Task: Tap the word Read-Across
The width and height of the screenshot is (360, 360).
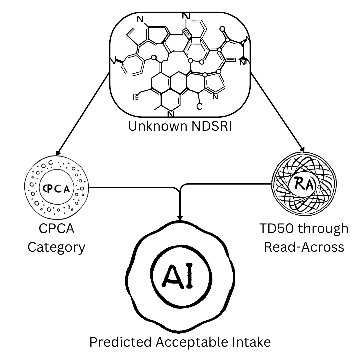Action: [x=304, y=247]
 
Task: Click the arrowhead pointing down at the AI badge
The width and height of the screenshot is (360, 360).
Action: [x=180, y=217]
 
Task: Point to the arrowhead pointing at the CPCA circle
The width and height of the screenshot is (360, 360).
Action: [x=58, y=153]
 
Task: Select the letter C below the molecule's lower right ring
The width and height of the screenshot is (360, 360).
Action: [x=199, y=107]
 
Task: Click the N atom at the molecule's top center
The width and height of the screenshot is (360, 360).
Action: [x=187, y=16]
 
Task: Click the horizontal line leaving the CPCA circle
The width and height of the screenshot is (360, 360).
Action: [x=133, y=187]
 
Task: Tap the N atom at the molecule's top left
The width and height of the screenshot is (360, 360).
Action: [x=140, y=20]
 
